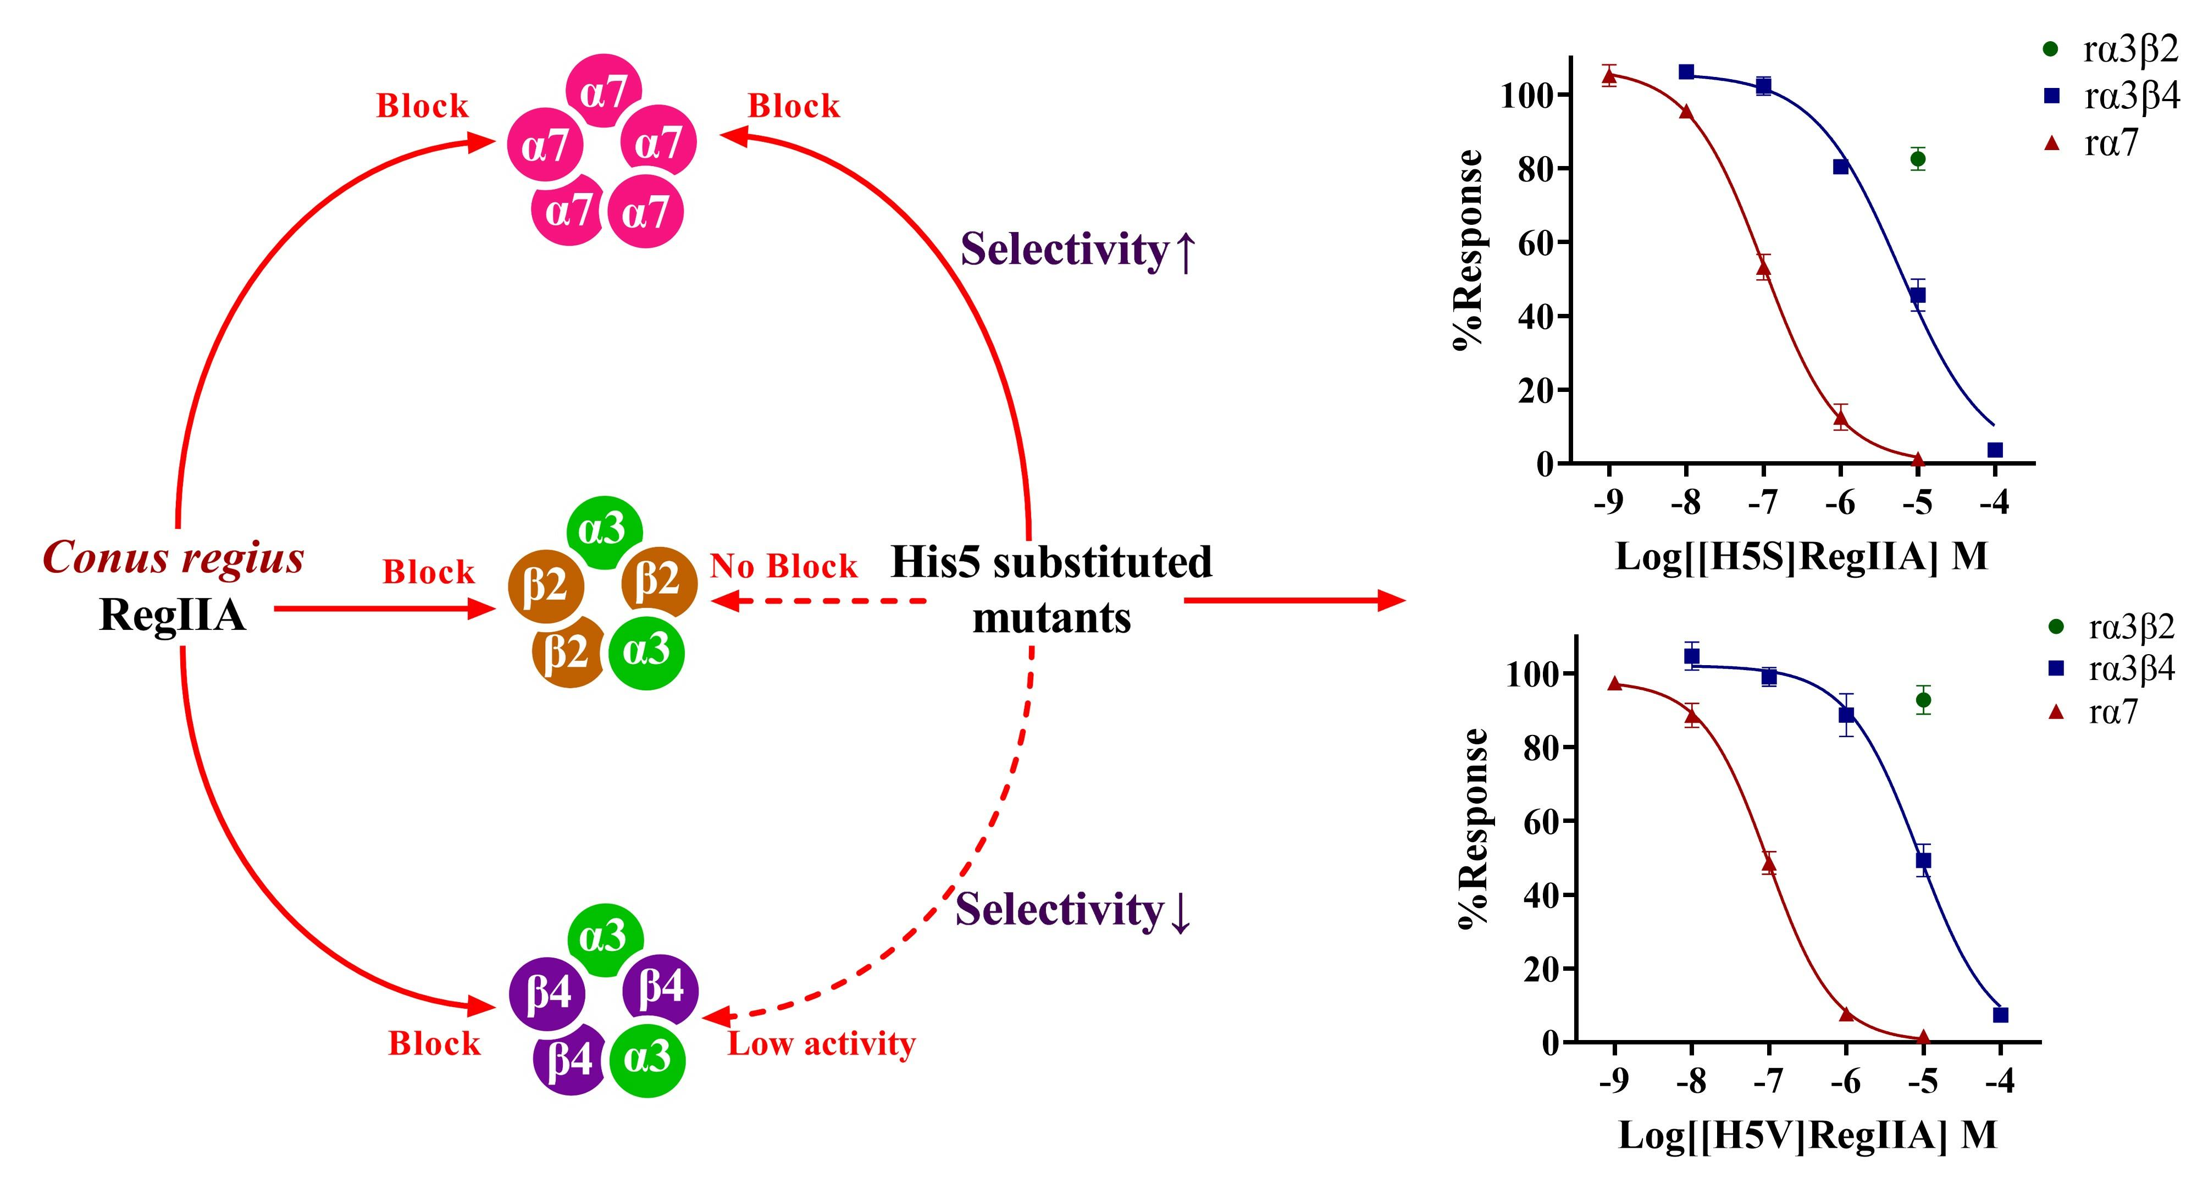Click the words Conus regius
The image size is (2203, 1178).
coord(174,558)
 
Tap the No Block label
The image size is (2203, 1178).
coord(783,566)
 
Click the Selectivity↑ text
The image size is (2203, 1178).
coord(1077,251)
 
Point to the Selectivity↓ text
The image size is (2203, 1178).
coord(1073,909)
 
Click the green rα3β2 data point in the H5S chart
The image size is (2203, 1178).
coord(1918,158)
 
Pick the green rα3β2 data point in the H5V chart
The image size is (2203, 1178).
coord(1923,700)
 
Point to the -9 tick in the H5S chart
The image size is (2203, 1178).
coord(1609,502)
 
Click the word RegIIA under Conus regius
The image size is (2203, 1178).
coord(173,614)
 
